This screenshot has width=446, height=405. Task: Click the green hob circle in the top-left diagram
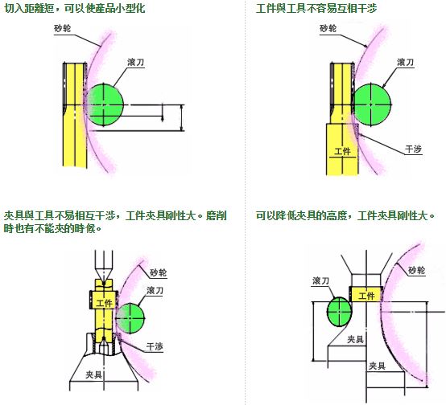(105, 104)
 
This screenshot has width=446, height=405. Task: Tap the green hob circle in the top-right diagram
(372, 104)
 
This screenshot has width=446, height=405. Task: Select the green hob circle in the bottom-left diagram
(130, 318)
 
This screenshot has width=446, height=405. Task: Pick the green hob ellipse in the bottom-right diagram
(340, 312)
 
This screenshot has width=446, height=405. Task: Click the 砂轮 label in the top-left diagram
(62, 28)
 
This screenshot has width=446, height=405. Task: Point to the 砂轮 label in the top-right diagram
(328, 28)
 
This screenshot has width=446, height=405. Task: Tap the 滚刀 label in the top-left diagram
(136, 62)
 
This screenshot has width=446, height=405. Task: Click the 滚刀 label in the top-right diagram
(405, 62)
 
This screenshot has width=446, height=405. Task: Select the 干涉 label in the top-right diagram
(413, 149)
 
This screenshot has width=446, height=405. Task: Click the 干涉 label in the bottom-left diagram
(155, 346)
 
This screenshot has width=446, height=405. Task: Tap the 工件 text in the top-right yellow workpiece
(342, 151)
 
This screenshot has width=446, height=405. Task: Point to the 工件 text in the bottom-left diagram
(104, 303)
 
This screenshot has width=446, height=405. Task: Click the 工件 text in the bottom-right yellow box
(366, 296)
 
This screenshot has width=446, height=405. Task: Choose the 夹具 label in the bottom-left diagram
(94, 374)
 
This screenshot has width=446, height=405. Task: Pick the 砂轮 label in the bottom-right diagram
(416, 270)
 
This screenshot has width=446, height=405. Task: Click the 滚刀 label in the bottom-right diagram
(321, 281)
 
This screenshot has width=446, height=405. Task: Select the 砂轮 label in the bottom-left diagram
(158, 272)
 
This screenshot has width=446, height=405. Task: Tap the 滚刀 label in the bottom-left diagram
(155, 290)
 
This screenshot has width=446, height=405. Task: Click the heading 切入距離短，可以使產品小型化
(75, 8)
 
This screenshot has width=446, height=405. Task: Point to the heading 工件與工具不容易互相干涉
(316, 8)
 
